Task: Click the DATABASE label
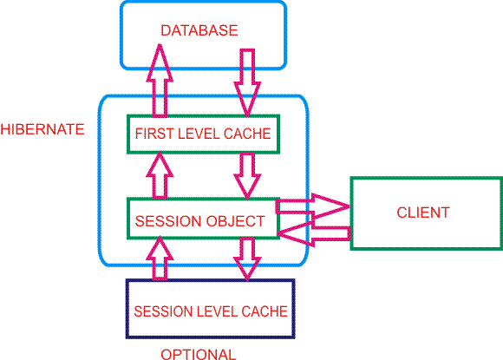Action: click(x=199, y=30)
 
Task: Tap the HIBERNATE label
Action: click(x=42, y=129)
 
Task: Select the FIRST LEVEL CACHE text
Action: click(x=203, y=134)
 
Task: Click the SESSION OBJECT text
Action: click(x=199, y=221)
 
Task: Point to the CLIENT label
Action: click(x=423, y=213)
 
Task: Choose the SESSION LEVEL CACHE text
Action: click(x=211, y=311)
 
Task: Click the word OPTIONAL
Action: click(x=199, y=354)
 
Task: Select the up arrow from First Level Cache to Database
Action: click(x=160, y=80)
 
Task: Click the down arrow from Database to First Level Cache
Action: click(x=247, y=82)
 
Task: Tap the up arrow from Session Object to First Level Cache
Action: click(x=160, y=174)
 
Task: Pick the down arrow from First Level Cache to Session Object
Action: click(x=247, y=176)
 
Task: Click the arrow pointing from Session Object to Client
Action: click(x=313, y=206)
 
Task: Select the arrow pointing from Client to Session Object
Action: click(x=314, y=233)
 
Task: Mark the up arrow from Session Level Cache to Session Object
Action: click(x=160, y=258)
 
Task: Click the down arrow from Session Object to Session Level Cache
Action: click(x=247, y=259)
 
